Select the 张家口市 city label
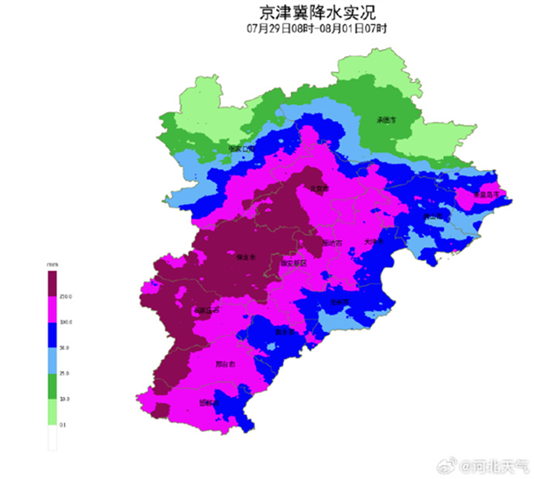[x=241, y=149]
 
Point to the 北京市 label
[x=319, y=189]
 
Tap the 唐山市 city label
[x=433, y=216]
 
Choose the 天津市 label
[x=376, y=240]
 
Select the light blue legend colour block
[x=53, y=359]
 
